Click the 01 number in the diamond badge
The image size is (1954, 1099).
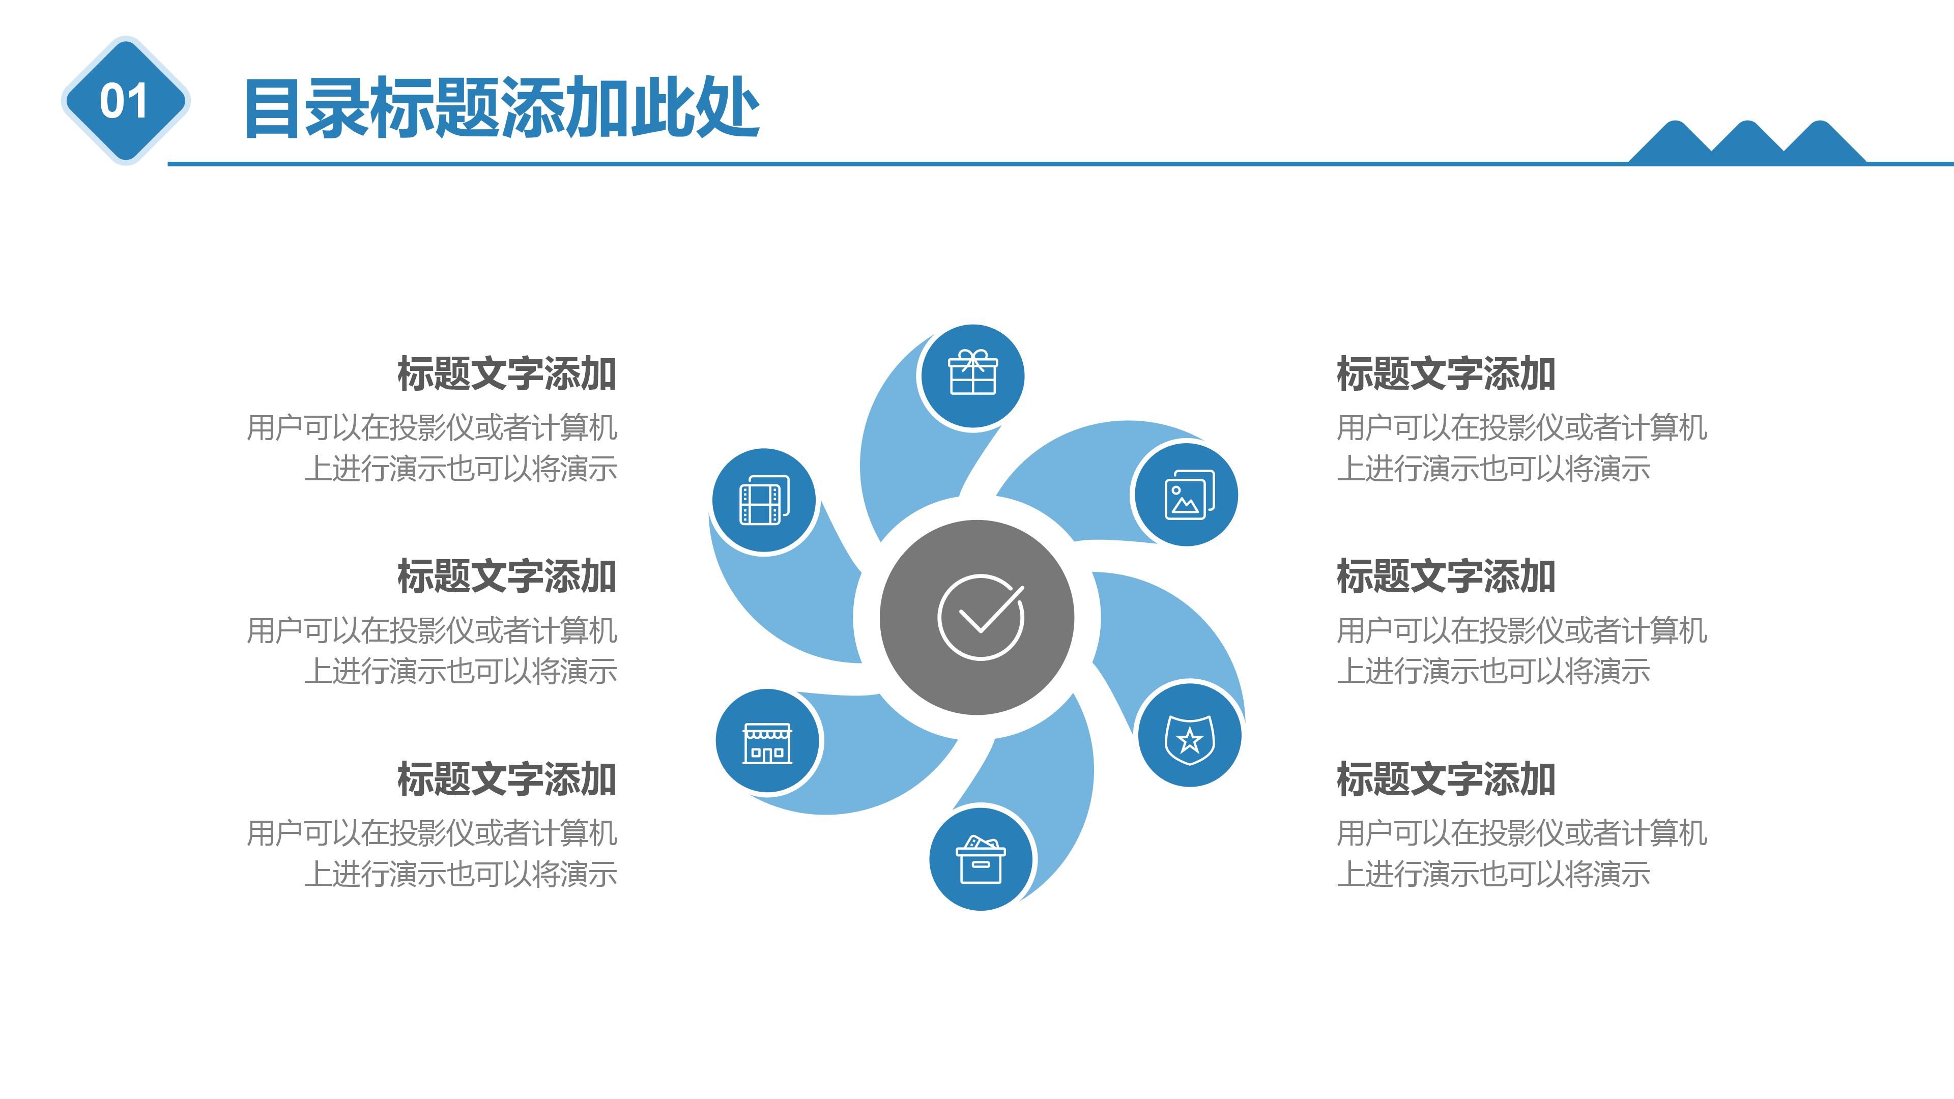coord(124,101)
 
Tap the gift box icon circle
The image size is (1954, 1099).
coord(972,375)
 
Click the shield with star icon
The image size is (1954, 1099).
coord(1189,736)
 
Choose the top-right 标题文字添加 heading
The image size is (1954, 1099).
coord(1446,374)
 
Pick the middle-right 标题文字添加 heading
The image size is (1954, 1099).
coord(1446,576)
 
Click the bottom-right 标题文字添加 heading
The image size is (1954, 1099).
coord(1446,779)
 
